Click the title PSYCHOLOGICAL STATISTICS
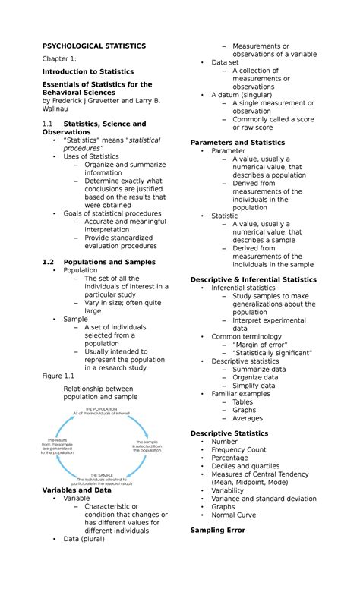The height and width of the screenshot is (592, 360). [94, 46]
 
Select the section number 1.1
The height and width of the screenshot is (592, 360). [48, 124]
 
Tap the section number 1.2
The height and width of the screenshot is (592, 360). [48, 262]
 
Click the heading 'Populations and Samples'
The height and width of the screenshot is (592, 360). [109, 262]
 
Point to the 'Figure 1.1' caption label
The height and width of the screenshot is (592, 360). [58, 376]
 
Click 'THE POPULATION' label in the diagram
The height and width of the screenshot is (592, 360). [101, 409]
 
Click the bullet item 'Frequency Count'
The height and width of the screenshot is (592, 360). [238, 450]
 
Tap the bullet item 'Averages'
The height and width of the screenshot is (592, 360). [248, 418]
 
